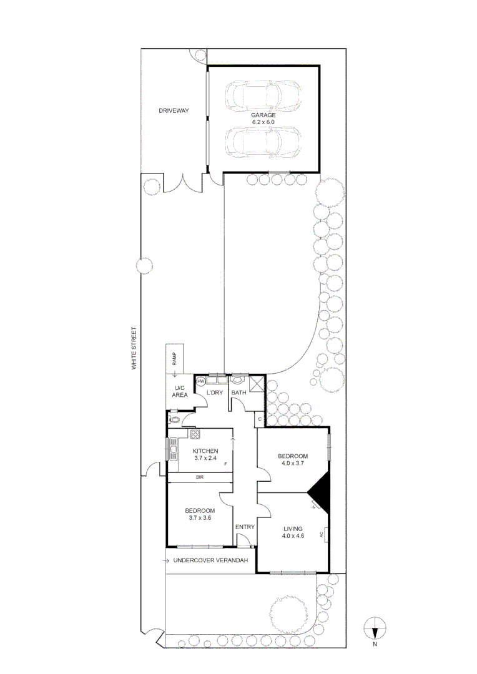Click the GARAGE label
pos(263,115)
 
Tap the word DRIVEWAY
pos(173,111)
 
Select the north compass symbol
pos(375,626)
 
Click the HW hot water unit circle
pos(201,381)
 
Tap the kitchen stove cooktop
pos(195,435)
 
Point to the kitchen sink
pos(172,447)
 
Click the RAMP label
pos(175,359)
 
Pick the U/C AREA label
pos(180,391)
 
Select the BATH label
pos(238,393)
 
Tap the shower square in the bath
pos(256,383)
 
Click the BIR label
pos(199,477)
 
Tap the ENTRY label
pos(245,527)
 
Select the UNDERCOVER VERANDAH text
pos(211,560)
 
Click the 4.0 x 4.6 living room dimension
pos(293,535)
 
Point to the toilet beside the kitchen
pos(175,420)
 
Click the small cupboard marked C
pos(259,419)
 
